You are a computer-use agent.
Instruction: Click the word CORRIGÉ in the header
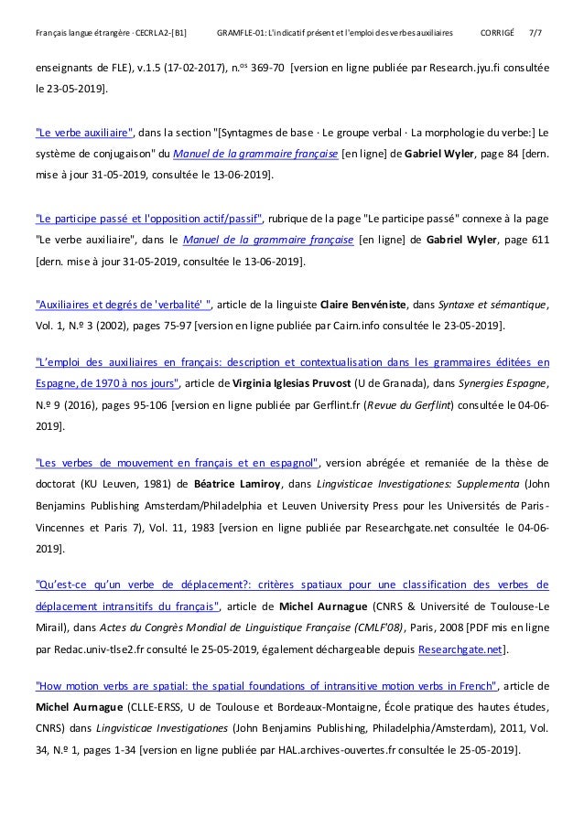coord(499,34)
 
